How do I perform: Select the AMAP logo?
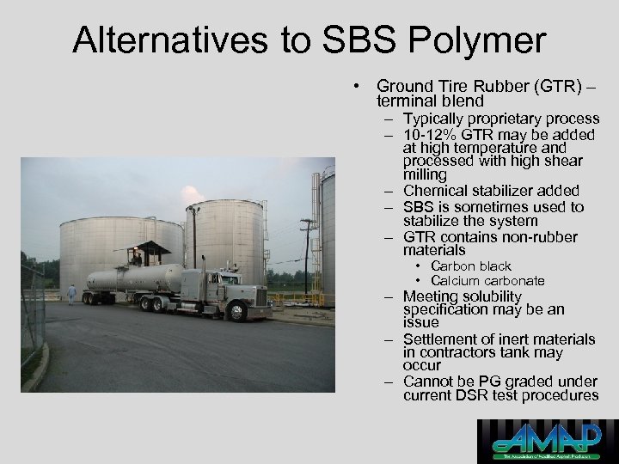pyautogui.click(x=548, y=441)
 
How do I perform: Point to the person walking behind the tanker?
pyautogui.click(x=72, y=294)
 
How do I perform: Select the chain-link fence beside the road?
pyautogui.click(x=32, y=318)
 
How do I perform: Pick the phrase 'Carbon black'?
pyautogui.click(x=470, y=266)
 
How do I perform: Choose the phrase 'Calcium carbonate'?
pyautogui.click(x=487, y=280)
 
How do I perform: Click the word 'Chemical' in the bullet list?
pyautogui.click(x=436, y=191)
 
